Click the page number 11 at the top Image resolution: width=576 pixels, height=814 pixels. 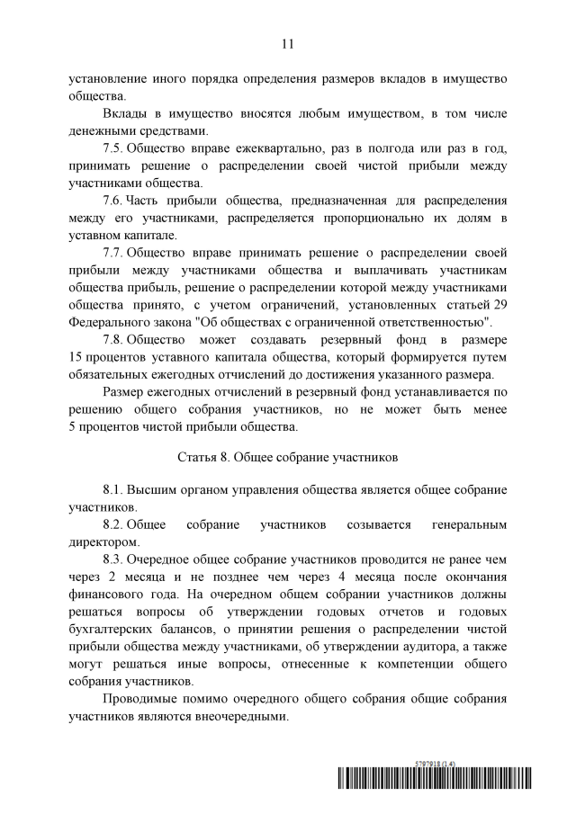288,42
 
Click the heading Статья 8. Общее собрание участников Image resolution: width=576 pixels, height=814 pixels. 287,457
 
